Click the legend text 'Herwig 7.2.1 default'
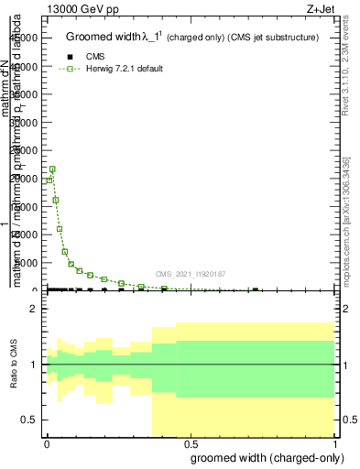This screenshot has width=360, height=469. [125, 69]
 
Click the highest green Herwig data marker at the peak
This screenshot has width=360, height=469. [52, 169]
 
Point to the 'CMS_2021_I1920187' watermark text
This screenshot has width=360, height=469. [190, 274]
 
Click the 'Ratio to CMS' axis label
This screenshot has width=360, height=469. [15, 365]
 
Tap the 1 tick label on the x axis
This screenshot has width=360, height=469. [334, 442]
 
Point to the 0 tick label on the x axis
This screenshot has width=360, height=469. [47, 442]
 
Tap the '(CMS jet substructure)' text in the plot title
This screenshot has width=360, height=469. [273, 38]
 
